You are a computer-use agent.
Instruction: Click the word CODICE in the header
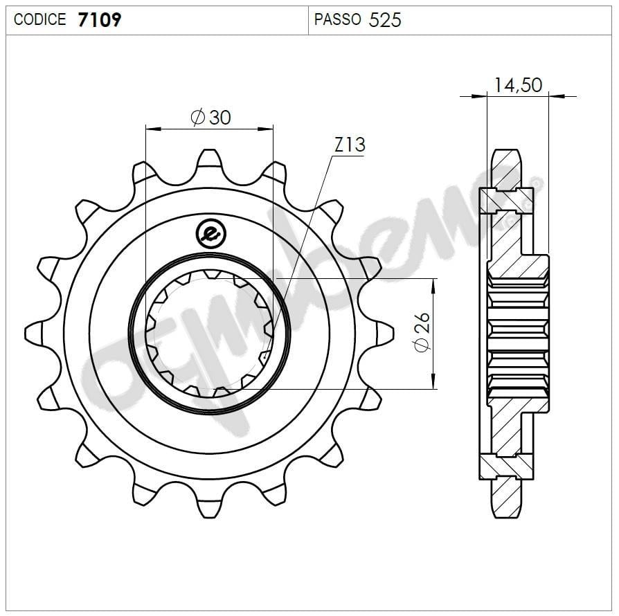click(x=39, y=19)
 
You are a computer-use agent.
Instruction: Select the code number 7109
click(x=100, y=19)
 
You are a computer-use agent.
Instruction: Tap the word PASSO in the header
click(x=337, y=19)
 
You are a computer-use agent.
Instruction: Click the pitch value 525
click(x=385, y=19)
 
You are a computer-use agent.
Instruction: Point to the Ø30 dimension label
click(x=210, y=117)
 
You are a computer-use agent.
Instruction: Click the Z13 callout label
click(x=349, y=145)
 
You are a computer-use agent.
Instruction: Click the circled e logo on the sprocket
click(x=209, y=234)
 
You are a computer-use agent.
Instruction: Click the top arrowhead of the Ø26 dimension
click(x=434, y=284)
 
